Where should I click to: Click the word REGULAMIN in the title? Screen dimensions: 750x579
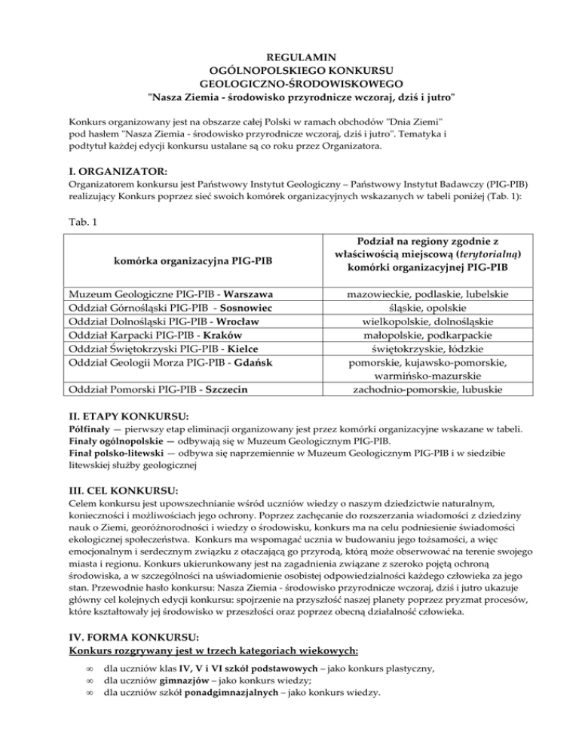[289, 57]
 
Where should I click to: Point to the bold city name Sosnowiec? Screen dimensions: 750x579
[240, 308]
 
